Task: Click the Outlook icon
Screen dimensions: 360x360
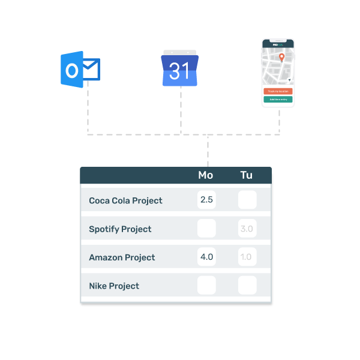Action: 79,70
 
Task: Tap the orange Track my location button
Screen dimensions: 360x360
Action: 278,91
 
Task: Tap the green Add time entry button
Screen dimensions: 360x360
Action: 278,99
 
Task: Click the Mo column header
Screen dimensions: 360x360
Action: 206,175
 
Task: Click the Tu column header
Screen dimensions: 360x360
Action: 247,175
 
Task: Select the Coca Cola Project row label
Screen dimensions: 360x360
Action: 125,200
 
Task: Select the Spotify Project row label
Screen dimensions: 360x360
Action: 120,229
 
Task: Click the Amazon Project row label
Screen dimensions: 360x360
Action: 122,257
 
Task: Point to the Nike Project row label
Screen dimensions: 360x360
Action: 114,286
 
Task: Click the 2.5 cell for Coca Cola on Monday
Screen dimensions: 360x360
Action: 206,200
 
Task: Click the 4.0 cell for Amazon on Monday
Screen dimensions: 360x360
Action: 206,257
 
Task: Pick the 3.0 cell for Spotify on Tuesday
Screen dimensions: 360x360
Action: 247,229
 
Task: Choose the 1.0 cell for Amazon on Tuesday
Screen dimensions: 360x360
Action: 247,257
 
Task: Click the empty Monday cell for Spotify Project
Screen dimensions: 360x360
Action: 206,229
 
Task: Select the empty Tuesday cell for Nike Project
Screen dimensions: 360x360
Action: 247,286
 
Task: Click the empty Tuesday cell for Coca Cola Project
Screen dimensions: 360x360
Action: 247,200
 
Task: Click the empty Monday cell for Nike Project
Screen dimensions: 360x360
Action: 206,286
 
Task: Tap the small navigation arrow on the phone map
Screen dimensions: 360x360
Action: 289,80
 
